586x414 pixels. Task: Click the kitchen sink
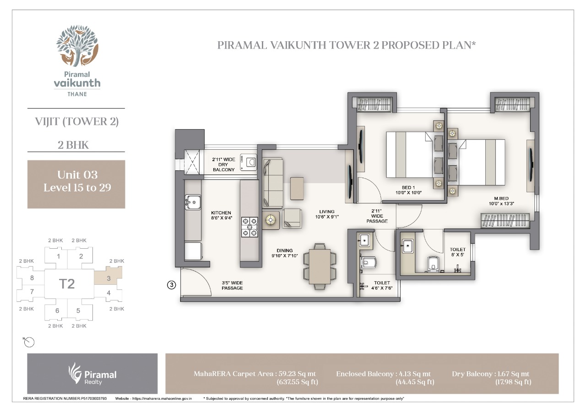click(193, 202)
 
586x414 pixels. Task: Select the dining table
click(320, 267)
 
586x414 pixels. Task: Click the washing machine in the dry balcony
click(249, 162)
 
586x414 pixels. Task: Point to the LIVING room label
click(327, 212)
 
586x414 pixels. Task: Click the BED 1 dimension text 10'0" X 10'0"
click(408, 193)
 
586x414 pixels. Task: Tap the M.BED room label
click(501, 198)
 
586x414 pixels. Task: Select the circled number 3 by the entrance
click(171, 285)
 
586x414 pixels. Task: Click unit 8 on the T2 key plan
click(32, 278)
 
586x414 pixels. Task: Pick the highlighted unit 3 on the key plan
click(109, 276)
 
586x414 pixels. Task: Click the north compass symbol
click(29, 342)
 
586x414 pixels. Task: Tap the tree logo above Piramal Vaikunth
click(77, 46)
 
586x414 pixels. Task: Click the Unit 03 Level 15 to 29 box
click(76, 184)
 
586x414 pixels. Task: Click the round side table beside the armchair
click(271, 220)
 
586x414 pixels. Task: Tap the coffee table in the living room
click(297, 188)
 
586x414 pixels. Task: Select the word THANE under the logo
click(77, 94)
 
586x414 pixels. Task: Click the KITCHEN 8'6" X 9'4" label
click(221, 215)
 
